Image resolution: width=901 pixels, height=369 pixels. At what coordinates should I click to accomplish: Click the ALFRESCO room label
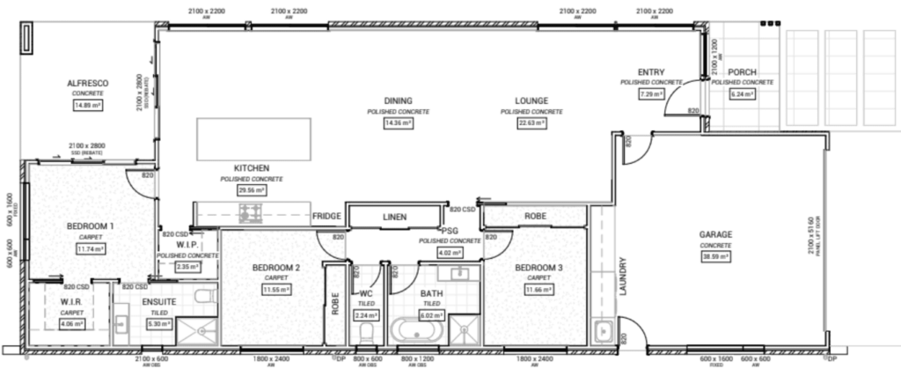point(87,83)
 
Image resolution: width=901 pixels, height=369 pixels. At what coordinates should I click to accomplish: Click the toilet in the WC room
point(366,332)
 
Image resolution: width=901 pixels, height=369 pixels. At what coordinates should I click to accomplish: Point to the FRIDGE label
point(326,216)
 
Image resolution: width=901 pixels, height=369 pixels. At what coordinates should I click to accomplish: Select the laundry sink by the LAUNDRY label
point(604,332)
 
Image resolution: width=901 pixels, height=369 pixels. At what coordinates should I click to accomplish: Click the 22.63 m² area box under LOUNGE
point(531,123)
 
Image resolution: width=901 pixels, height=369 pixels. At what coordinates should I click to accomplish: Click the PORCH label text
point(742,72)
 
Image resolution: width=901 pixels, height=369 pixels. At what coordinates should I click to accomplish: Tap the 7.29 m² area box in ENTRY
point(651,93)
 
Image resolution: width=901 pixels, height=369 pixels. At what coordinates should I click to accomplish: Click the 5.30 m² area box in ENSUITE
point(157,322)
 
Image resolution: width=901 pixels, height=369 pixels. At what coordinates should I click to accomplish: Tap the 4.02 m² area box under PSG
point(449,252)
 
